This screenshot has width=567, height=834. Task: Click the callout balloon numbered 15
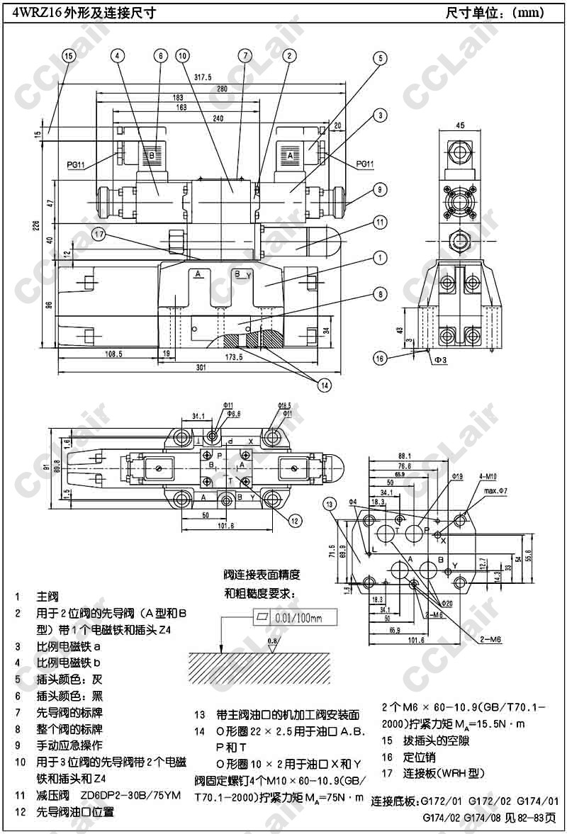(68, 55)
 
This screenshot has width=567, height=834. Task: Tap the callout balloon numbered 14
(325, 385)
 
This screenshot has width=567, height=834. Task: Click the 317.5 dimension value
(203, 77)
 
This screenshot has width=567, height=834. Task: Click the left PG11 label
(76, 165)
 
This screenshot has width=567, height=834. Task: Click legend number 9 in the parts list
(18, 745)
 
